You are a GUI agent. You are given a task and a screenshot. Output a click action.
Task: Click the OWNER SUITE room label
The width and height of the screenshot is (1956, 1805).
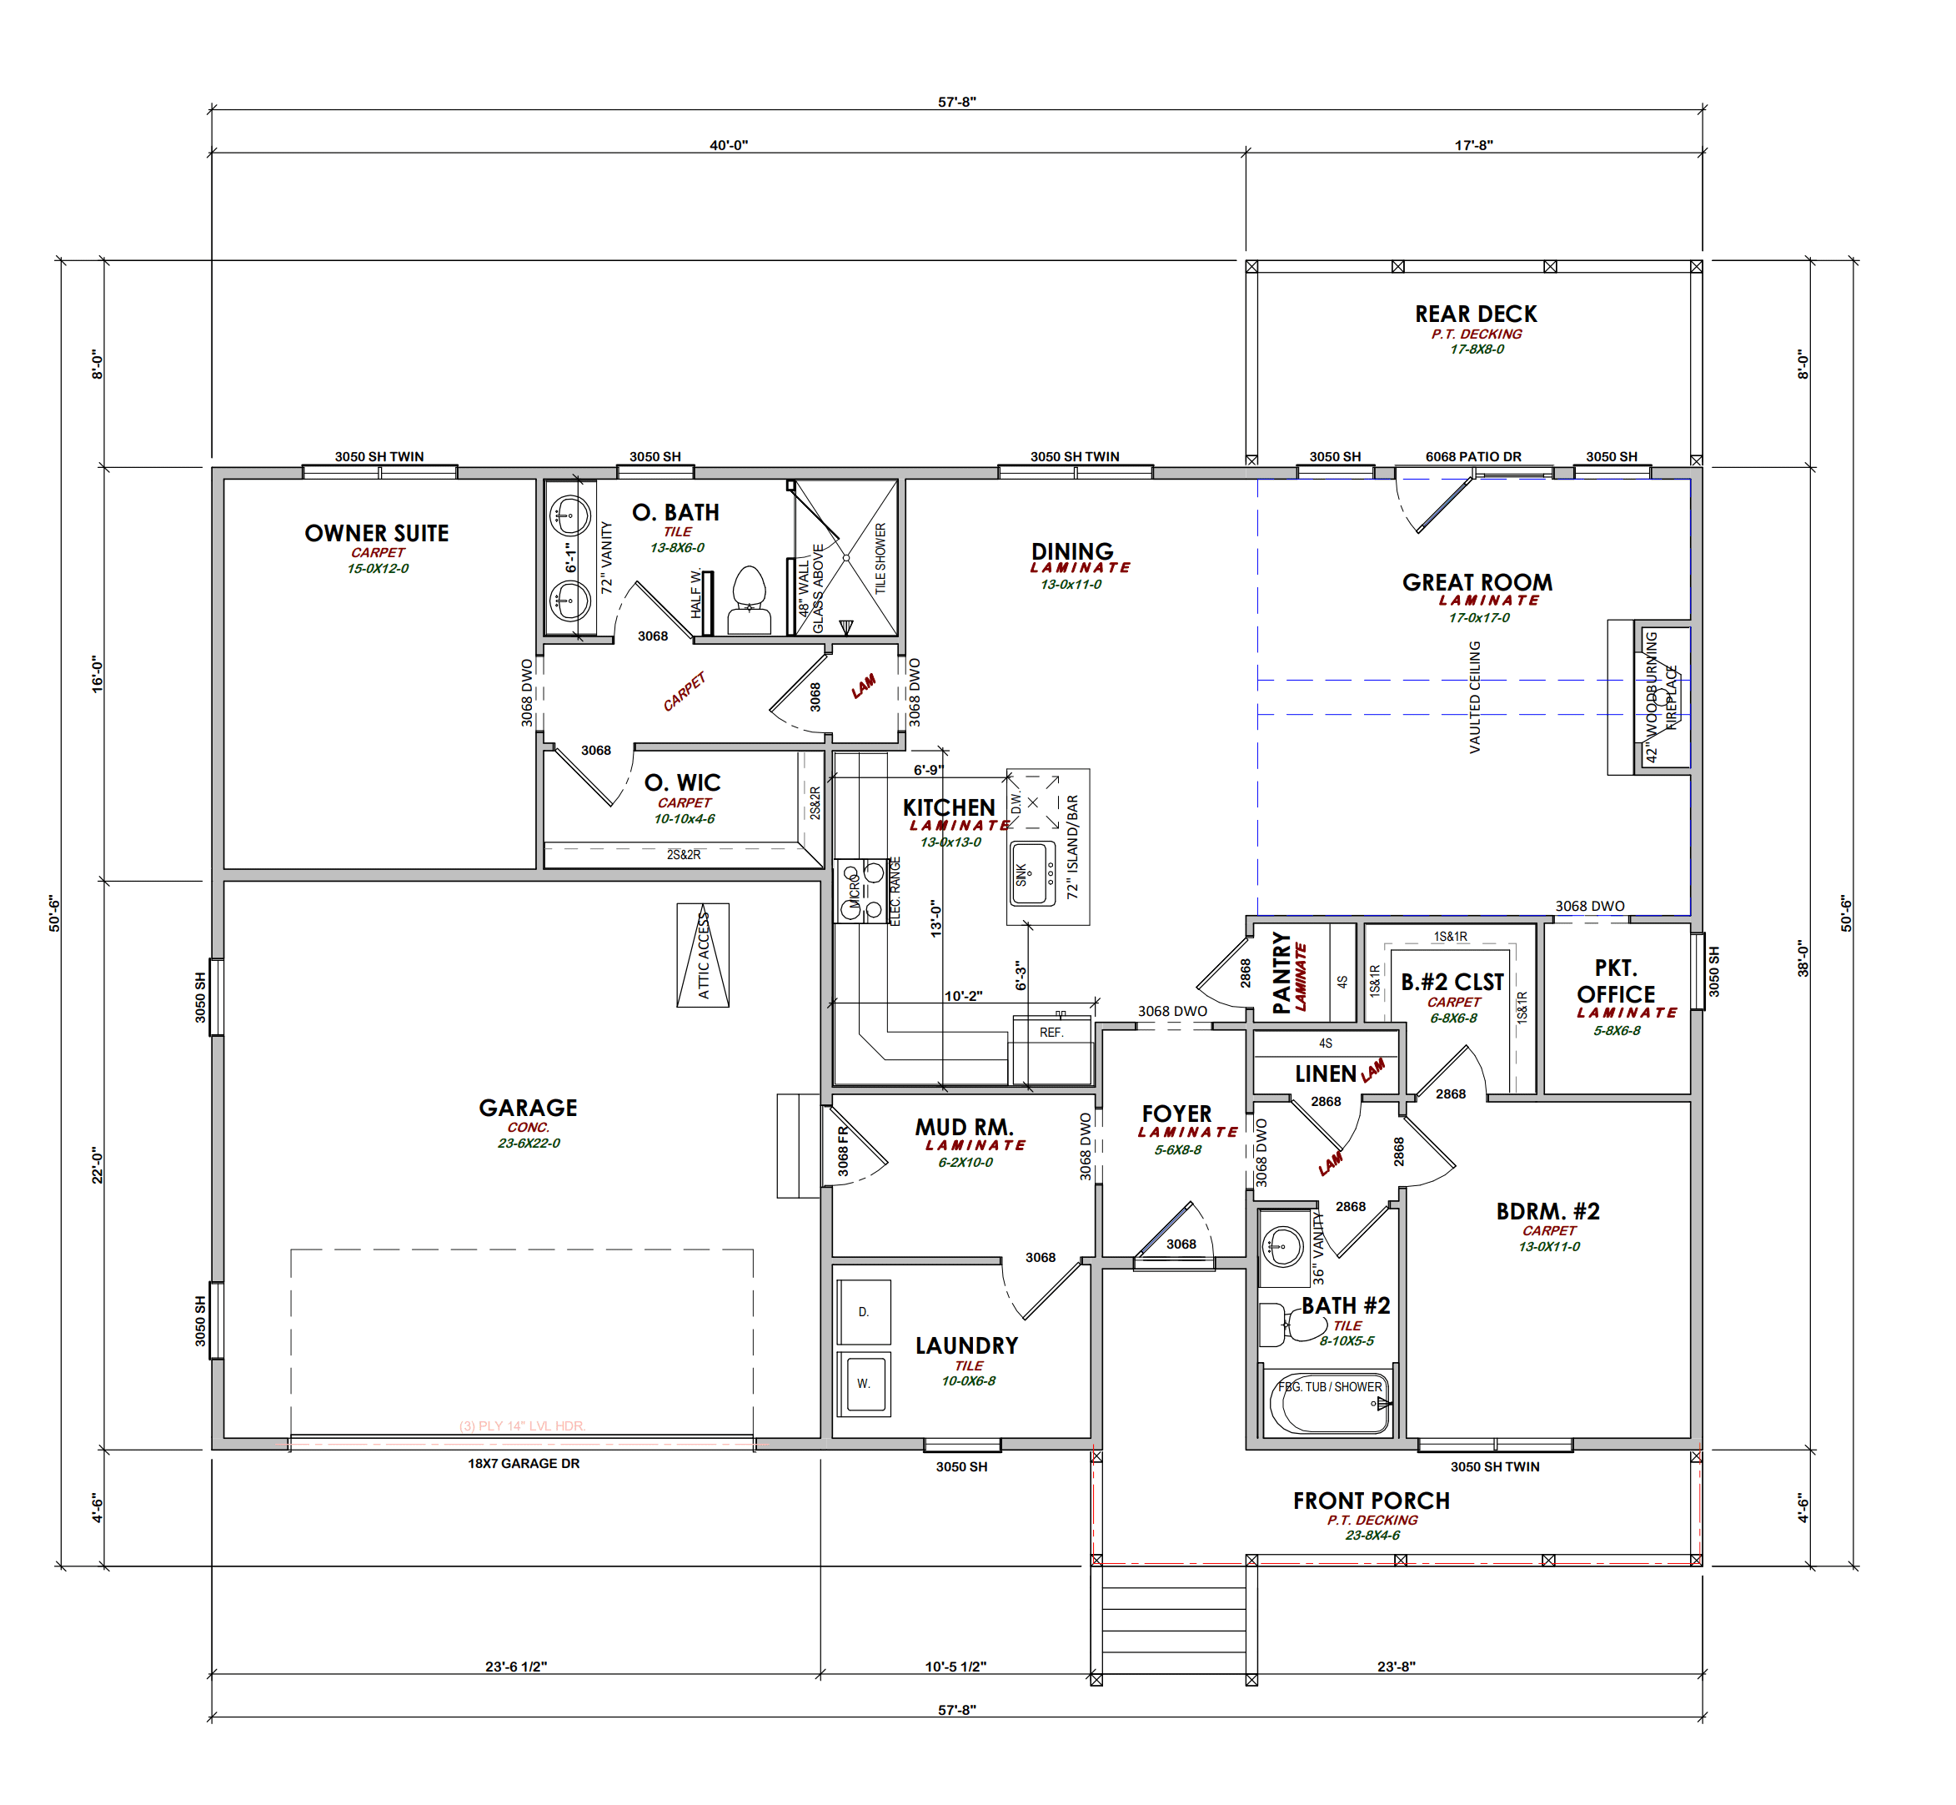pos(377,533)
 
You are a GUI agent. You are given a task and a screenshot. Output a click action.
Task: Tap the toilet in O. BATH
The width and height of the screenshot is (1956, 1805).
pos(749,599)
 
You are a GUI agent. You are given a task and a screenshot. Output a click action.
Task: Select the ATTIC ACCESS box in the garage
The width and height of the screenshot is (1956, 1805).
pos(703,955)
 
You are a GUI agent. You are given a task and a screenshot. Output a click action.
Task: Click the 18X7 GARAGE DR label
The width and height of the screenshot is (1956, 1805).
pos(524,1463)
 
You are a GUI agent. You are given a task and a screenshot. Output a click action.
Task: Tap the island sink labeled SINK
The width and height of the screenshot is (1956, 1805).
pos(1033,874)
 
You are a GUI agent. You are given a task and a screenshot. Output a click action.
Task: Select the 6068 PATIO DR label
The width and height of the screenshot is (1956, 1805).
pos(1472,456)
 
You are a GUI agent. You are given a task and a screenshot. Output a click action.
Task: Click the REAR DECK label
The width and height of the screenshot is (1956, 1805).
pos(1476,314)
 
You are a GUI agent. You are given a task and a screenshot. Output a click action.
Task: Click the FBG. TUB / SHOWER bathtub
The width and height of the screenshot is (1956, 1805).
pos(1329,1404)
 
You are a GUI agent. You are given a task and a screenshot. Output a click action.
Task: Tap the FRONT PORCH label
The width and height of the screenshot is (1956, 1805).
pos(1371,1501)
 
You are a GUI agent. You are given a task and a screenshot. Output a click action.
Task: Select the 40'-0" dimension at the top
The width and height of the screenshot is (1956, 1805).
pos(729,144)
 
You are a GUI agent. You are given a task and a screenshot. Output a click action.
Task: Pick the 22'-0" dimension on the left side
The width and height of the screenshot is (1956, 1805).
pos(98,1165)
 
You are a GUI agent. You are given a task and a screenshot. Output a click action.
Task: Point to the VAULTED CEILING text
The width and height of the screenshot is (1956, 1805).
pos(1475,696)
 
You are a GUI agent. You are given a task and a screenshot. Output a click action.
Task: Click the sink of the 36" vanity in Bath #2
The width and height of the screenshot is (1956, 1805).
pos(1282,1246)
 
